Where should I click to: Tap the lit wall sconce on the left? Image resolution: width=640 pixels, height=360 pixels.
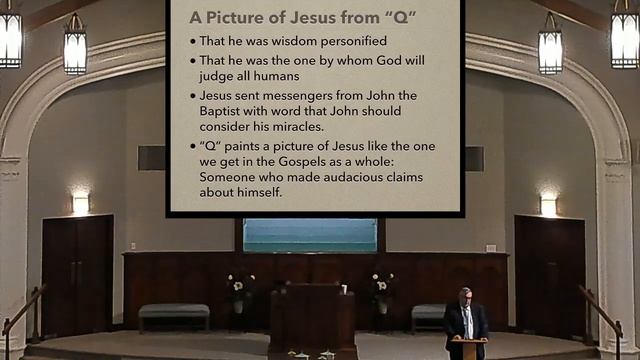click(x=80, y=203)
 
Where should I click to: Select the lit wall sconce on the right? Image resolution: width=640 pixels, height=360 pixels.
click(x=548, y=204)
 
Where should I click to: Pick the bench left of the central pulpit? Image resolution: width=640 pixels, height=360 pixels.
click(x=173, y=313)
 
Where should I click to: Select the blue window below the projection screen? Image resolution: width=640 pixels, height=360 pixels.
click(x=309, y=235)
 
